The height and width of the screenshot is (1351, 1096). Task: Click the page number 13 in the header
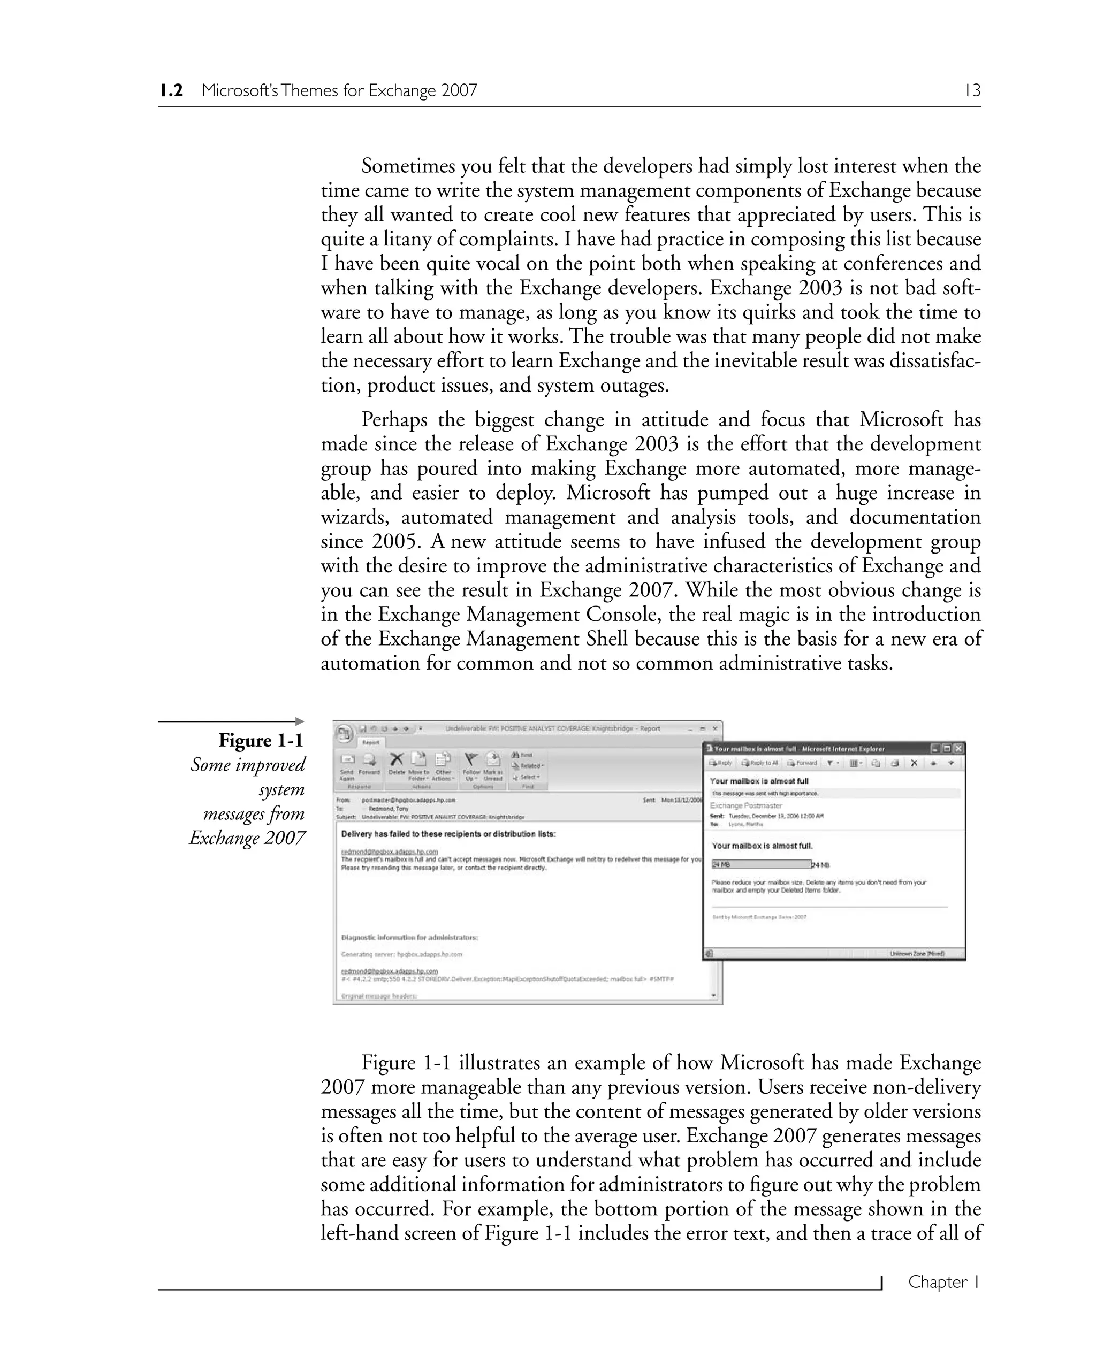click(x=972, y=91)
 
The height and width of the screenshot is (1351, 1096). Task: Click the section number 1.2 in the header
click(x=171, y=91)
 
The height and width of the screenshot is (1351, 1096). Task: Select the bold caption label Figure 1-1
click(x=261, y=740)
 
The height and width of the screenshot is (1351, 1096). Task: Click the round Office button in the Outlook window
click(x=344, y=733)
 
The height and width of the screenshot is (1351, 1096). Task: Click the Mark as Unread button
click(x=492, y=764)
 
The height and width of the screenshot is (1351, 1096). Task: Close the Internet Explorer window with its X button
click(x=958, y=748)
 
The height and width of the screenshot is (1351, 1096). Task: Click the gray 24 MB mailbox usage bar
click(x=761, y=864)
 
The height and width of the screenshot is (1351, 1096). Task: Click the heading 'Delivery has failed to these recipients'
click(x=448, y=834)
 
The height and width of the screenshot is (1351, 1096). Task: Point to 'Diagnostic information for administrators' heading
click(x=409, y=938)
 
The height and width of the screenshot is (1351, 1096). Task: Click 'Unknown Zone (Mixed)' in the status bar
click(x=917, y=954)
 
